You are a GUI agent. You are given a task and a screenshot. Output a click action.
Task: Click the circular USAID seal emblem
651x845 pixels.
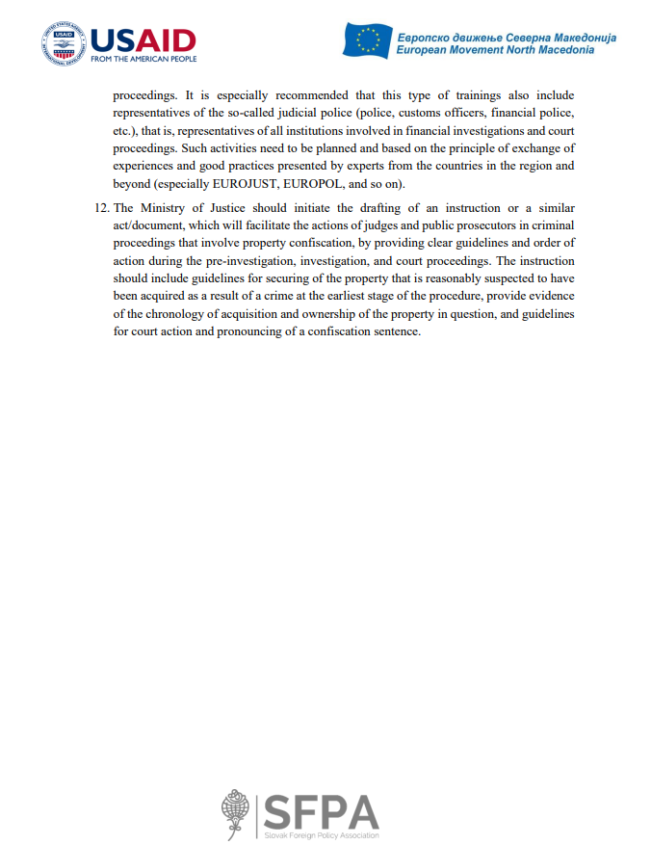coord(64,44)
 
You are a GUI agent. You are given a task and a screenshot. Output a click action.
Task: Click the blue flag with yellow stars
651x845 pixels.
coord(367,40)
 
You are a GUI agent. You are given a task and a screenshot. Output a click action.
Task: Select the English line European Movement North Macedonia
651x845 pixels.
coord(495,50)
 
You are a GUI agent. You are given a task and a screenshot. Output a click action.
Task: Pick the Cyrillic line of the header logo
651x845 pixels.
coord(506,37)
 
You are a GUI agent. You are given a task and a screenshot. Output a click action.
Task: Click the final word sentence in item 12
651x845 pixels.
coord(398,330)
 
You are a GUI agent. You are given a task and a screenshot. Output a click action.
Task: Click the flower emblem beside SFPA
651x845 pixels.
coord(235,810)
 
